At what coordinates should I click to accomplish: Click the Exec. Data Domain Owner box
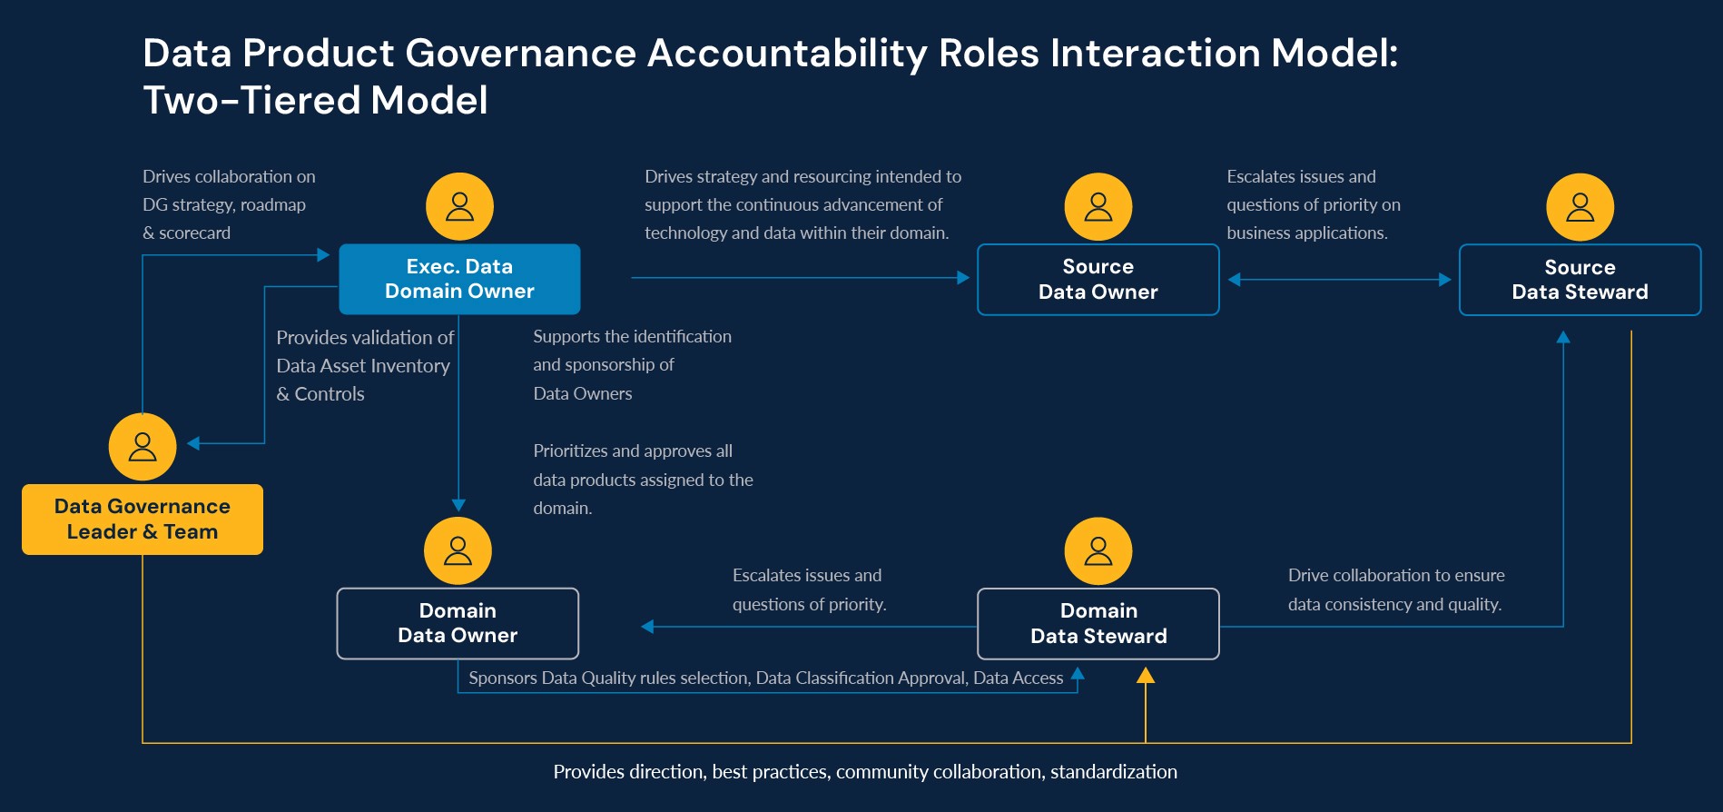point(459,279)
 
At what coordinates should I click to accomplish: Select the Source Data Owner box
point(1098,280)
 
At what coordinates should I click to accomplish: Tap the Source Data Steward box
point(1580,280)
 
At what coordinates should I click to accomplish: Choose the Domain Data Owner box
point(458,623)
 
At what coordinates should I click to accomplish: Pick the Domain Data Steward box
point(1098,624)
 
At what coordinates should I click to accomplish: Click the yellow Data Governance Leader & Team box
point(143,520)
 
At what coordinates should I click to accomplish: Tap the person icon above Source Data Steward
point(1580,207)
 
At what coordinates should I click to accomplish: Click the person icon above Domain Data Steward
point(1098,551)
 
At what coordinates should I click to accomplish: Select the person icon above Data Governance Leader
point(143,447)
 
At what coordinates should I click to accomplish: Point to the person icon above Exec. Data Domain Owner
point(460,207)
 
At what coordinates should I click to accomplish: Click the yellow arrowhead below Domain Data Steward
point(1146,675)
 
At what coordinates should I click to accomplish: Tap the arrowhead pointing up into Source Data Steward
point(1563,337)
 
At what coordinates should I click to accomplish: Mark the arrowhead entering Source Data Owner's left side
point(963,278)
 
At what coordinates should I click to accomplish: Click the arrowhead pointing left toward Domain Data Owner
point(647,626)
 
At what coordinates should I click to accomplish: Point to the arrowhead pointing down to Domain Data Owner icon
point(458,505)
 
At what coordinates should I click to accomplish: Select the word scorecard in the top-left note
point(194,233)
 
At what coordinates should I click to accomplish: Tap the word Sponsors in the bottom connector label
point(502,678)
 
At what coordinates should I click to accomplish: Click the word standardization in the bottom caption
point(1114,772)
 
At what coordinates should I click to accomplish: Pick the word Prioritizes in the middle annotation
point(570,451)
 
